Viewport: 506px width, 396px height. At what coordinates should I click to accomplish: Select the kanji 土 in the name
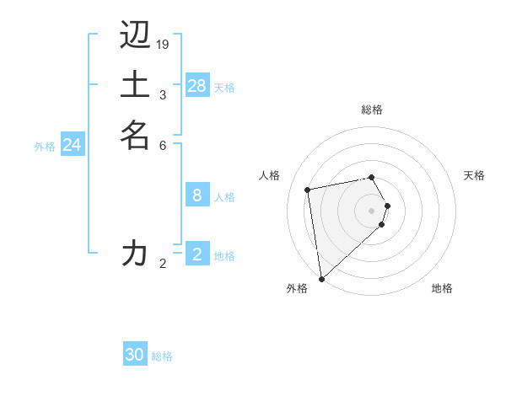click(x=135, y=85)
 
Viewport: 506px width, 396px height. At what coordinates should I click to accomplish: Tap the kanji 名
click(x=135, y=134)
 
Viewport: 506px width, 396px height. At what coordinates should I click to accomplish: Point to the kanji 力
click(x=135, y=252)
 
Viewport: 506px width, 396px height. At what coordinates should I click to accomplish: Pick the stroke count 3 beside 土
click(x=163, y=94)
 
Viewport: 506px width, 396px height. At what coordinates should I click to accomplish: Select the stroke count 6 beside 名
click(x=163, y=145)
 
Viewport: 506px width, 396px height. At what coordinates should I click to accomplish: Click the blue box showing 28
click(x=196, y=85)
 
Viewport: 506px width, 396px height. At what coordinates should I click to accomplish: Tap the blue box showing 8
click(x=196, y=195)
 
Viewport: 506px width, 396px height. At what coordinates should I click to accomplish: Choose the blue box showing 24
click(x=73, y=145)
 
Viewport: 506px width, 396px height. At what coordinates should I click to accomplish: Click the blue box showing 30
click(x=135, y=355)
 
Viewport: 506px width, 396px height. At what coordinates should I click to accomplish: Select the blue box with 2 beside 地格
click(x=196, y=254)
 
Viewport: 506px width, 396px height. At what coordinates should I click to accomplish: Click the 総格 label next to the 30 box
click(x=162, y=356)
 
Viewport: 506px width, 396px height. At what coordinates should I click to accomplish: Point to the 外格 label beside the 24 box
click(x=45, y=147)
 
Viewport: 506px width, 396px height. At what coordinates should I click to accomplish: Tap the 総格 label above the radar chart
click(x=372, y=110)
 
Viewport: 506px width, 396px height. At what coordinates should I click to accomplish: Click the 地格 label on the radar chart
click(x=442, y=289)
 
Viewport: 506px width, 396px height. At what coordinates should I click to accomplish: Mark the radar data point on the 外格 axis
click(x=321, y=278)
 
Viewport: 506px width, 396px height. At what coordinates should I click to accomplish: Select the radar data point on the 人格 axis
click(x=308, y=190)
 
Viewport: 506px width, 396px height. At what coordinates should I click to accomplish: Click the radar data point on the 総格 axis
click(x=372, y=177)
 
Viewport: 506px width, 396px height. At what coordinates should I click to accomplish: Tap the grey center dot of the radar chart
click(x=372, y=210)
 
